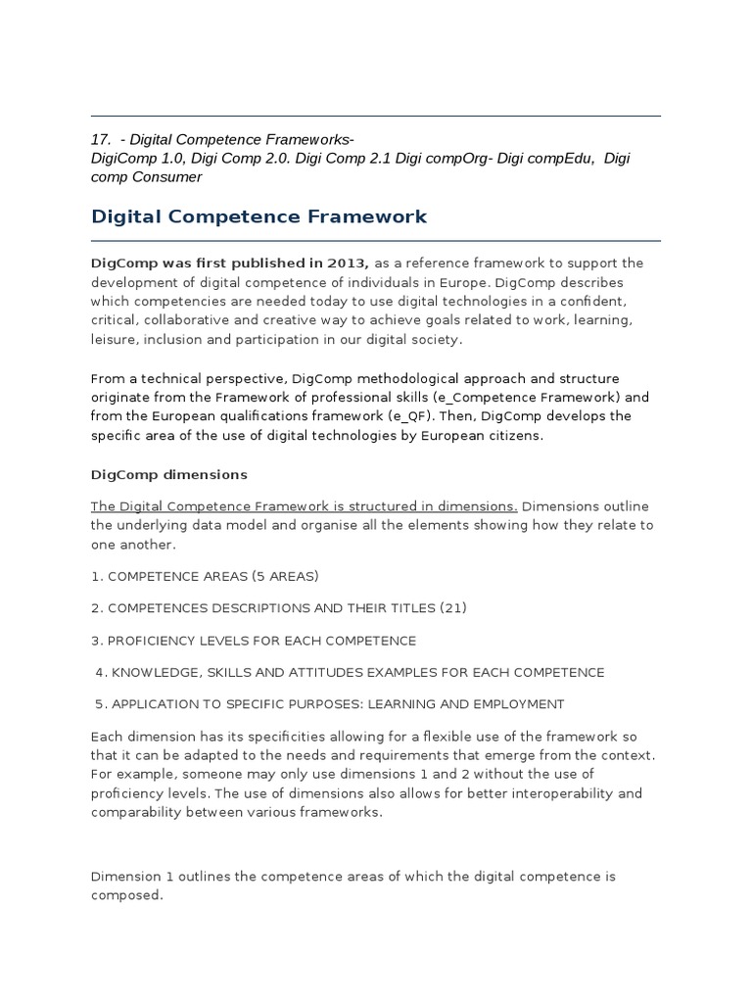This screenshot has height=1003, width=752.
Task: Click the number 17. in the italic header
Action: point(102,140)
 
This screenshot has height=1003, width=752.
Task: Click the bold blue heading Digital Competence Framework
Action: point(258,216)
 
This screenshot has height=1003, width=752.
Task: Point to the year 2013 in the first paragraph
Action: point(347,263)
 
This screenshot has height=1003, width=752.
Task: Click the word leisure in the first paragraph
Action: point(115,339)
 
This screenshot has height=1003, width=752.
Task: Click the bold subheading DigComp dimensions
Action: point(168,475)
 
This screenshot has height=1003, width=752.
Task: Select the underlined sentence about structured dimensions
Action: point(304,506)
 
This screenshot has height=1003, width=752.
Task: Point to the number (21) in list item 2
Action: point(453,608)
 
